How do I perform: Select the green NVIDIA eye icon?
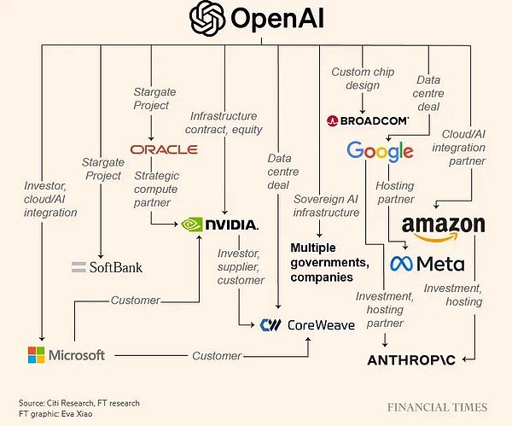coord(194,225)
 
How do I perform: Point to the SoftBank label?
coord(107,267)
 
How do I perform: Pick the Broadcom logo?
coord(368,121)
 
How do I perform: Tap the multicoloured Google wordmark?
coord(380,151)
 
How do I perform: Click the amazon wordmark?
coord(443,225)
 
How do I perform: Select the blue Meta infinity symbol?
coord(403,263)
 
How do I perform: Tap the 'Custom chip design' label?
coord(362,79)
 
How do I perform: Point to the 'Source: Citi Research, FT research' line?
coord(79,401)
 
